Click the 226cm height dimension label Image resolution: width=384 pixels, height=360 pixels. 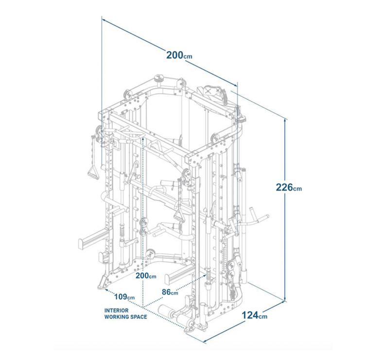[x=289, y=187]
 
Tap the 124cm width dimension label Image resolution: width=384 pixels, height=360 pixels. [x=254, y=315]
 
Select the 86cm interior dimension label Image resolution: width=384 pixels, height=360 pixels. [x=170, y=292]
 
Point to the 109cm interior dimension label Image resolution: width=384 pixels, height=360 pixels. [x=124, y=297]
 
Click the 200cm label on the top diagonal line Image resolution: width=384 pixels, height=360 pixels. [x=179, y=55]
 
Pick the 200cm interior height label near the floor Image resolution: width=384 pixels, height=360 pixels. [x=146, y=276]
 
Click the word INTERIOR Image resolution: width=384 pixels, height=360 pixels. [x=116, y=310]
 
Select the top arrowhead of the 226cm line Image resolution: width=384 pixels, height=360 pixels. [x=285, y=120]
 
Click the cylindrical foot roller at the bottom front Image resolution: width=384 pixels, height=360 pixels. [x=166, y=310]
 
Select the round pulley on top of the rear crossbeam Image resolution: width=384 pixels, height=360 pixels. [x=159, y=79]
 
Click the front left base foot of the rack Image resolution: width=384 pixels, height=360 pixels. [x=104, y=283]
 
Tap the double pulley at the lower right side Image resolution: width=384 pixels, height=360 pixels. [x=231, y=270]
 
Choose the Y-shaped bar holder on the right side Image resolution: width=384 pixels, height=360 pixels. [x=255, y=216]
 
